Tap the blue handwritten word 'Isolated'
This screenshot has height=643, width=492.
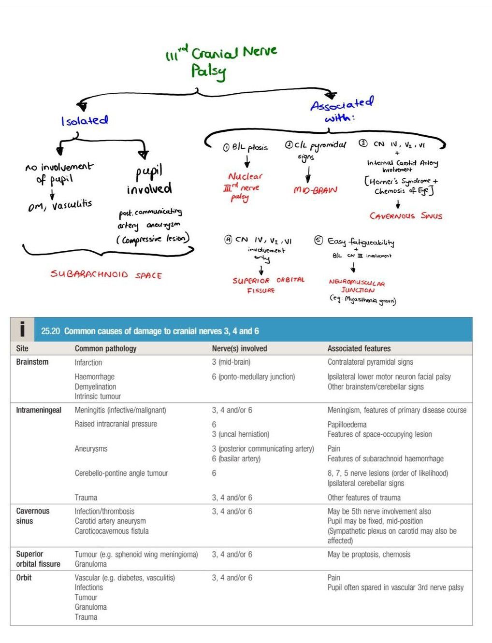pyautogui.click(x=85, y=121)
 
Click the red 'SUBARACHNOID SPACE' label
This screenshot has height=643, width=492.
pyautogui.click(x=106, y=275)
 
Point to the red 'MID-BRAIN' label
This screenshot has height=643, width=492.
pyautogui.click(x=315, y=190)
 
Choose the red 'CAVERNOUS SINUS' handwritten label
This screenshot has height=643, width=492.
pyautogui.click(x=406, y=216)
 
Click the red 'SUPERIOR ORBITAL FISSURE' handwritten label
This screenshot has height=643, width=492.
pyautogui.click(x=268, y=285)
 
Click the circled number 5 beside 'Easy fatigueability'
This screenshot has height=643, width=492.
pyautogui.click(x=318, y=241)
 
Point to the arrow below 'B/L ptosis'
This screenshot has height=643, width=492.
pyautogui.click(x=247, y=161)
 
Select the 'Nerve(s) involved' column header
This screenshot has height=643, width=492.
pyautogui.click(x=239, y=348)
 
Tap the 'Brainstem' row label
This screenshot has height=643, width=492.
pyautogui.click(x=32, y=362)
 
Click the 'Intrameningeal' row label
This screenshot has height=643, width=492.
pyautogui.click(x=39, y=410)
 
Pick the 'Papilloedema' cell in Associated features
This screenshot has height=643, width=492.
pyautogui.click(x=347, y=424)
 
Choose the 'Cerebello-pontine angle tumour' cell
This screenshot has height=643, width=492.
pyautogui.click(x=121, y=473)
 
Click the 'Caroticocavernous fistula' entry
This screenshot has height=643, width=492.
pyautogui.click(x=112, y=531)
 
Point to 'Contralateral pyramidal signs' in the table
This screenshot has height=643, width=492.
pyautogui.click(x=370, y=362)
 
